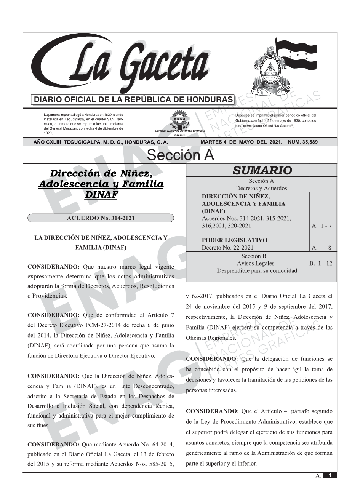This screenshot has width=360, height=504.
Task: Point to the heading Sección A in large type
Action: point(180,155)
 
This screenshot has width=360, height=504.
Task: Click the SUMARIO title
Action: point(262,171)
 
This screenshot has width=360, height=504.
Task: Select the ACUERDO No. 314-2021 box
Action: point(101,218)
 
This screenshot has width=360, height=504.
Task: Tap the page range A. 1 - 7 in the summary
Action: point(322,226)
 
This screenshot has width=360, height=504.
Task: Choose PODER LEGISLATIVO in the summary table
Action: point(234,240)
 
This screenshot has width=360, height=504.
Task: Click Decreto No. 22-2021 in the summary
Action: point(227,248)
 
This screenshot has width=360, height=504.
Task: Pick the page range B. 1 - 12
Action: point(321,263)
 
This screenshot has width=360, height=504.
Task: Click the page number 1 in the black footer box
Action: point(330,475)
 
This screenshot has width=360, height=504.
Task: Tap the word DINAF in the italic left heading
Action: point(101,195)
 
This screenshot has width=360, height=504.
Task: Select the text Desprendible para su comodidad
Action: point(257,270)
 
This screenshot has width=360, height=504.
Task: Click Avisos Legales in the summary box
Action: point(255,263)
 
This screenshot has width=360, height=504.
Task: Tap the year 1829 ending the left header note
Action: point(48,133)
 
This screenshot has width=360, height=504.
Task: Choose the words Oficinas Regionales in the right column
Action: point(211,338)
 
